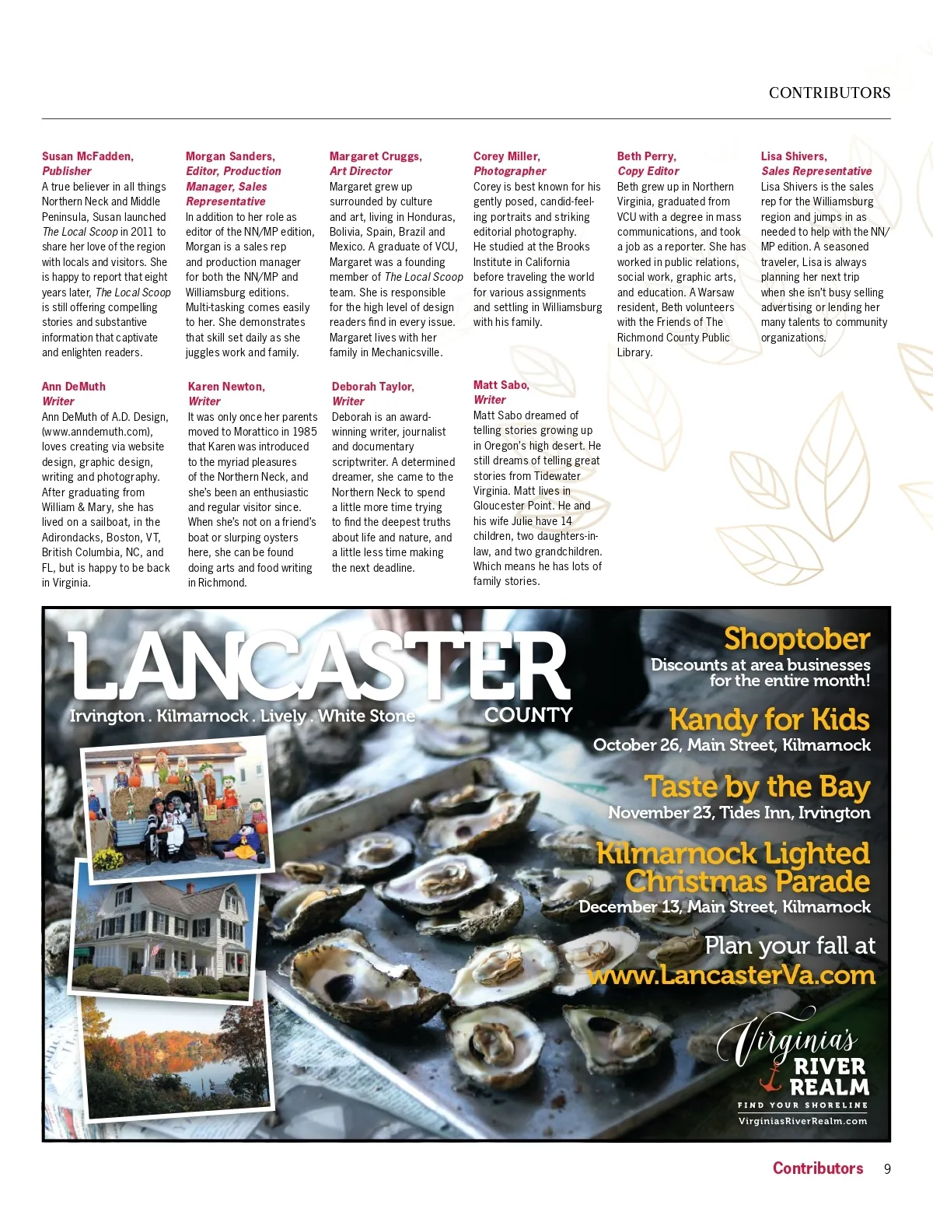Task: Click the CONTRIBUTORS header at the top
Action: pos(829,93)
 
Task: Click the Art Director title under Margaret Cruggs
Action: pos(361,171)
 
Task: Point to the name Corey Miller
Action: pos(506,156)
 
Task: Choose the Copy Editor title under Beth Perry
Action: pos(648,171)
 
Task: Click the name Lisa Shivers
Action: pos(793,156)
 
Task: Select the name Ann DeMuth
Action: pos(73,387)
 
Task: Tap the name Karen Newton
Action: pos(226,387)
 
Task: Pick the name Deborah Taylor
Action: pos(372,387)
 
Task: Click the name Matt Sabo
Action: pos(501,385)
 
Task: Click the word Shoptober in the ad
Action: pos(796,639)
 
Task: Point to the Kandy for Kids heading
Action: pos(769,719)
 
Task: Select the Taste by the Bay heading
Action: pos(756,786)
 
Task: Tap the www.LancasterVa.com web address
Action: pos(731,975)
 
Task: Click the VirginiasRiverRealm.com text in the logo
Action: pos(802,1121)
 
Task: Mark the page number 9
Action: pos(887,1168)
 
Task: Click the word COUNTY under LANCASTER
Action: pos(528,715)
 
